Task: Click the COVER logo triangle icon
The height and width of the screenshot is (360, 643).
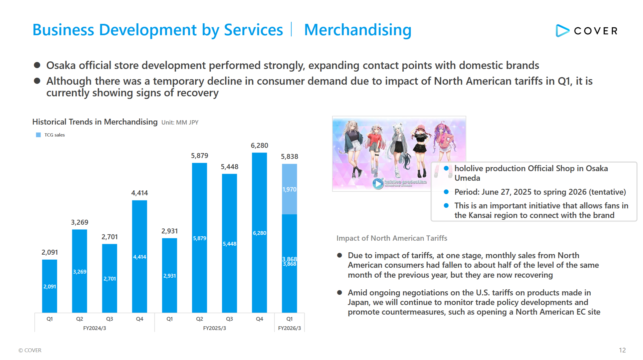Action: (x=562, y=31)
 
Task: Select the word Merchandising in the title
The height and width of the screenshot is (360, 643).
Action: (x=358, y=30)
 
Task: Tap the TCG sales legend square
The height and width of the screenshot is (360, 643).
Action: (x=38, y=135)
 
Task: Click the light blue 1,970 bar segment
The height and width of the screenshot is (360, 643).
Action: (x=289, y=189)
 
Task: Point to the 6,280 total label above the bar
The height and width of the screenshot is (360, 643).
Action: (x=259, y=146)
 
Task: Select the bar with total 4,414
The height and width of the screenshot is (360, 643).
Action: (x=139, y=256)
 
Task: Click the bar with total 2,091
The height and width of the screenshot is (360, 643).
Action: (x=49, y=286)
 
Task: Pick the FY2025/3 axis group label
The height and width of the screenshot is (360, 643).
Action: (x=214, y=328)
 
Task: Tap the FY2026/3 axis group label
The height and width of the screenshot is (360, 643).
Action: (x=289, y=328)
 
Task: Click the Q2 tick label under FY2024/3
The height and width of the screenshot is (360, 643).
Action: (x=79, y=319)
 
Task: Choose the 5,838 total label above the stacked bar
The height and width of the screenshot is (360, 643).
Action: (x=289, y=157)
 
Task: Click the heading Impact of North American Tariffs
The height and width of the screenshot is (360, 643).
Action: (x=392, y=238)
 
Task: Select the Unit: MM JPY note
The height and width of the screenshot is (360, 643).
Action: (x=180, y=123)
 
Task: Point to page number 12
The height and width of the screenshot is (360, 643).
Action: (x=622, y=350)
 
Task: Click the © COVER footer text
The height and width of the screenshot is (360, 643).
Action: (x=30, y=350)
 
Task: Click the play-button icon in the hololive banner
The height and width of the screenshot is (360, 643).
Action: (x=378, y=184)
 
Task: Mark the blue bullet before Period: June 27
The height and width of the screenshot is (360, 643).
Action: (x=446, y=192)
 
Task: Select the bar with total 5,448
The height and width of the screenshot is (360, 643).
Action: (x=229, y=243)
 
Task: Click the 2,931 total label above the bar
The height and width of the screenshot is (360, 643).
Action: (x=169, y=231)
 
